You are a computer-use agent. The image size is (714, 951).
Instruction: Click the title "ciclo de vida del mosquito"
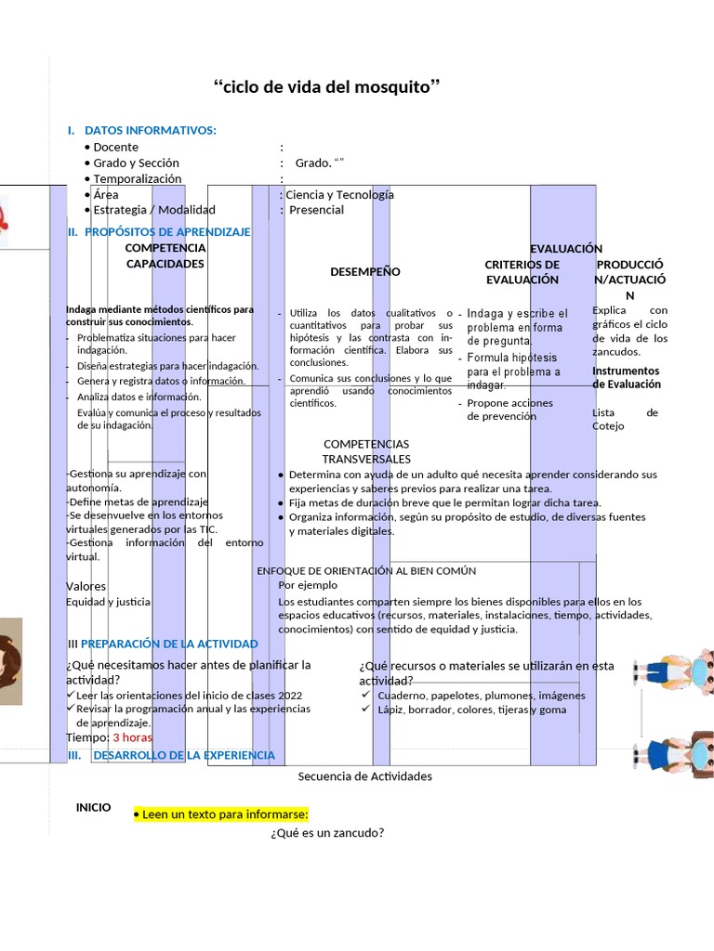[x=326, y=88]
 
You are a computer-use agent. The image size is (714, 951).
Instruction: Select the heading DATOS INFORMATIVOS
[x=150, y=130]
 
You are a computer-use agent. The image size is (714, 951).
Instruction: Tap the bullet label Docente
[x=115, y=147]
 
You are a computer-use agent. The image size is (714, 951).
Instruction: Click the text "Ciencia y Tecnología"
[x=339, y=194]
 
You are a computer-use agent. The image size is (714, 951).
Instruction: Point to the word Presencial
[x=316, y=210]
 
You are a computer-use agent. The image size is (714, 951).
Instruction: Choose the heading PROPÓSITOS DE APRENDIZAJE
[x=167, y=232]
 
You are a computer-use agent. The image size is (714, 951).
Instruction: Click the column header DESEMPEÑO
[x=365, y=272]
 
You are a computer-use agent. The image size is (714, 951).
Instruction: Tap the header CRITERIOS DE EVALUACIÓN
[x=522, y=272]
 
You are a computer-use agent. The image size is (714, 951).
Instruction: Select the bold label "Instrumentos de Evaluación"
[x=627, y=377]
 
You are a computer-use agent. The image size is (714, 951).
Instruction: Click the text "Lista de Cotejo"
[x=626, y=419]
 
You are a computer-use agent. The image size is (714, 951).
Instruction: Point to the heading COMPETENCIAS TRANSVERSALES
[x=366, y=451]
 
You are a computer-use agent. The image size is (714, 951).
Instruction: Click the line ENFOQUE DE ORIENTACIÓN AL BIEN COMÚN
[x=366, y=570]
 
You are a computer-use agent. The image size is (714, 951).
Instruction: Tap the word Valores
[x=86, y=586]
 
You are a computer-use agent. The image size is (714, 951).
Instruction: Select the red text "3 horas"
[x=132, y=737]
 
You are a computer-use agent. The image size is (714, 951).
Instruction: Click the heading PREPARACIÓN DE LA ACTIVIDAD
[x=169, y=644]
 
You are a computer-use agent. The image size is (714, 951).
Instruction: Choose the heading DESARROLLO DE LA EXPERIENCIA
[x=184, y=755]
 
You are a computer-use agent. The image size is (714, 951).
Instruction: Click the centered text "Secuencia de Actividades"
[x=365, y=776]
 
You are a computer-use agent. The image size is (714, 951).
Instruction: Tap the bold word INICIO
[x=94, y=808]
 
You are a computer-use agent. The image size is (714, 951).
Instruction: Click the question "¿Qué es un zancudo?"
[x=327, y=833]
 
